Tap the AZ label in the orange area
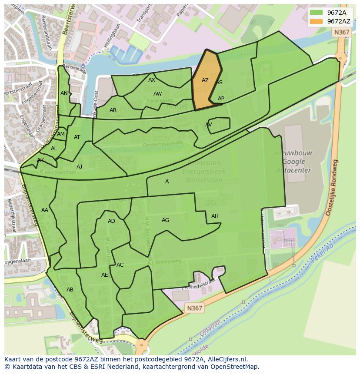click(x=205, y=80)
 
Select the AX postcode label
click(x=152, y=80)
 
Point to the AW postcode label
click(x=157, y=94)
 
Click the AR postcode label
click(x=113, y=110)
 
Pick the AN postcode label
click(x=64, y=93)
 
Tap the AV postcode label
click(x=209, y=125)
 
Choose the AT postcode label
click(x=77, y=137)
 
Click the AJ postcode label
click(x=79, y=167)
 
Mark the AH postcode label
click(x=215, y=216)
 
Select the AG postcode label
click(x=165, y=220)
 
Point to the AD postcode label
click(x=111, y=221)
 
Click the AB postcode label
click(x=70, y=290)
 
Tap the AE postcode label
click(x=104, y=275)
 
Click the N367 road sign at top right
click(x=341, y=32)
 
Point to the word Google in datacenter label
click(x=293, y=162)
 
